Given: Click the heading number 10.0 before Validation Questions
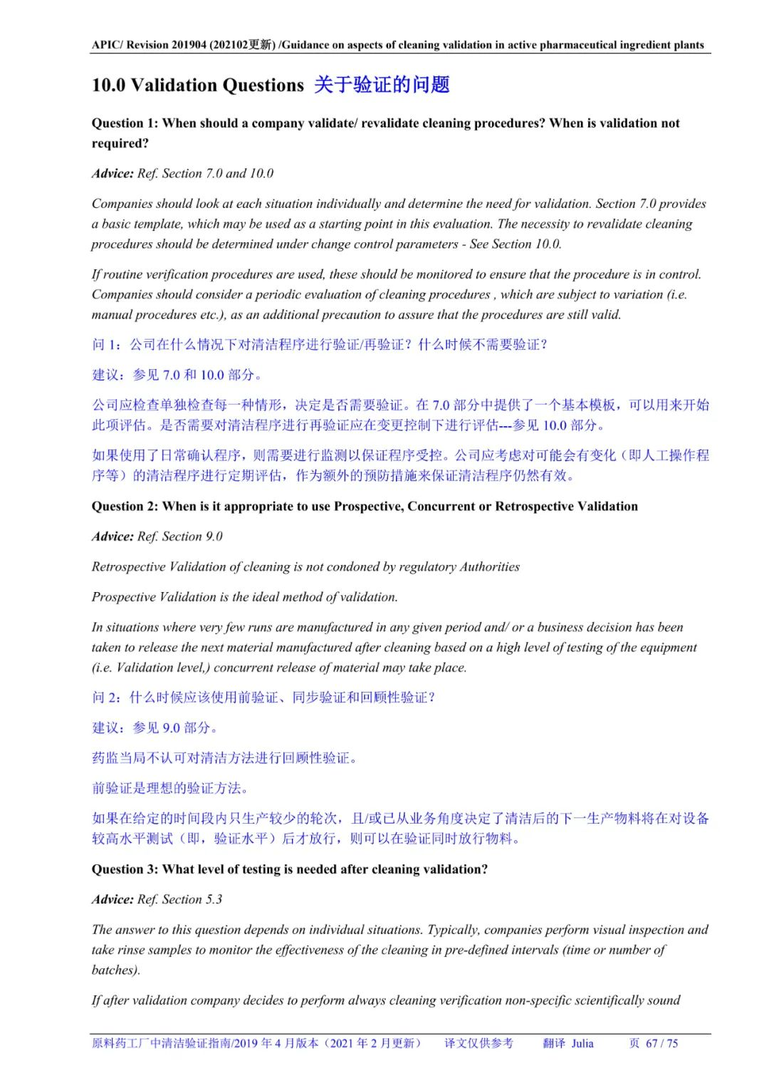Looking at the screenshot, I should tap(108, 86).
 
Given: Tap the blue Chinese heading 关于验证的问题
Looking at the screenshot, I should tap(382, 85).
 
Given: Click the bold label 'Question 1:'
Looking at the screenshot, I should tap(125, 123).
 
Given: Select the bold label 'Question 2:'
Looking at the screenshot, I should tap(125, 507).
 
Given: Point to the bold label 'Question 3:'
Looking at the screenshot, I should tap(125, 869).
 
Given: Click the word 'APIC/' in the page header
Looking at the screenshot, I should tap(107, 45).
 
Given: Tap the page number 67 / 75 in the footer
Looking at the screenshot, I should tap(661, 1043).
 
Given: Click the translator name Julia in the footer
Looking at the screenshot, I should tap(582, 1043).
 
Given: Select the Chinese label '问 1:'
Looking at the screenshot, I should tap(108, 345).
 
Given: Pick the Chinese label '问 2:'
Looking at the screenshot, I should tap(108, 698).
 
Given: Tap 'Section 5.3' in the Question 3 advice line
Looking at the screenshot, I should tap(192, 899).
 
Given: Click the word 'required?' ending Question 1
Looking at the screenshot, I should tap(120, 143).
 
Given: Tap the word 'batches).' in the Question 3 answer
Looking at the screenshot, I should tap(116, 970).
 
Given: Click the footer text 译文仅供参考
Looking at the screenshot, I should tap(478, 1043).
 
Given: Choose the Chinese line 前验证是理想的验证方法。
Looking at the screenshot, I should tap(170, 788).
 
